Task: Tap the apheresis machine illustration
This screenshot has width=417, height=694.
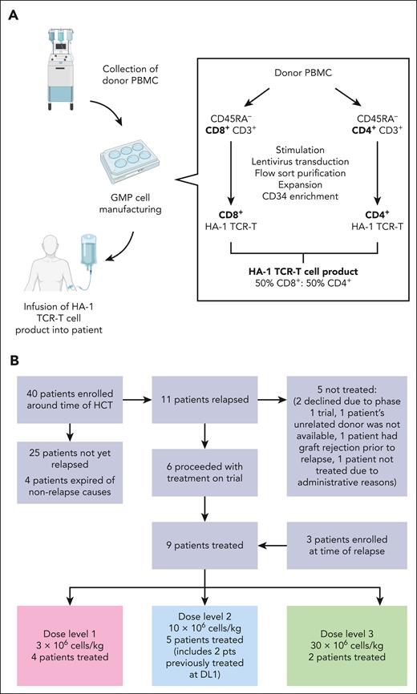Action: point(47,64)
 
